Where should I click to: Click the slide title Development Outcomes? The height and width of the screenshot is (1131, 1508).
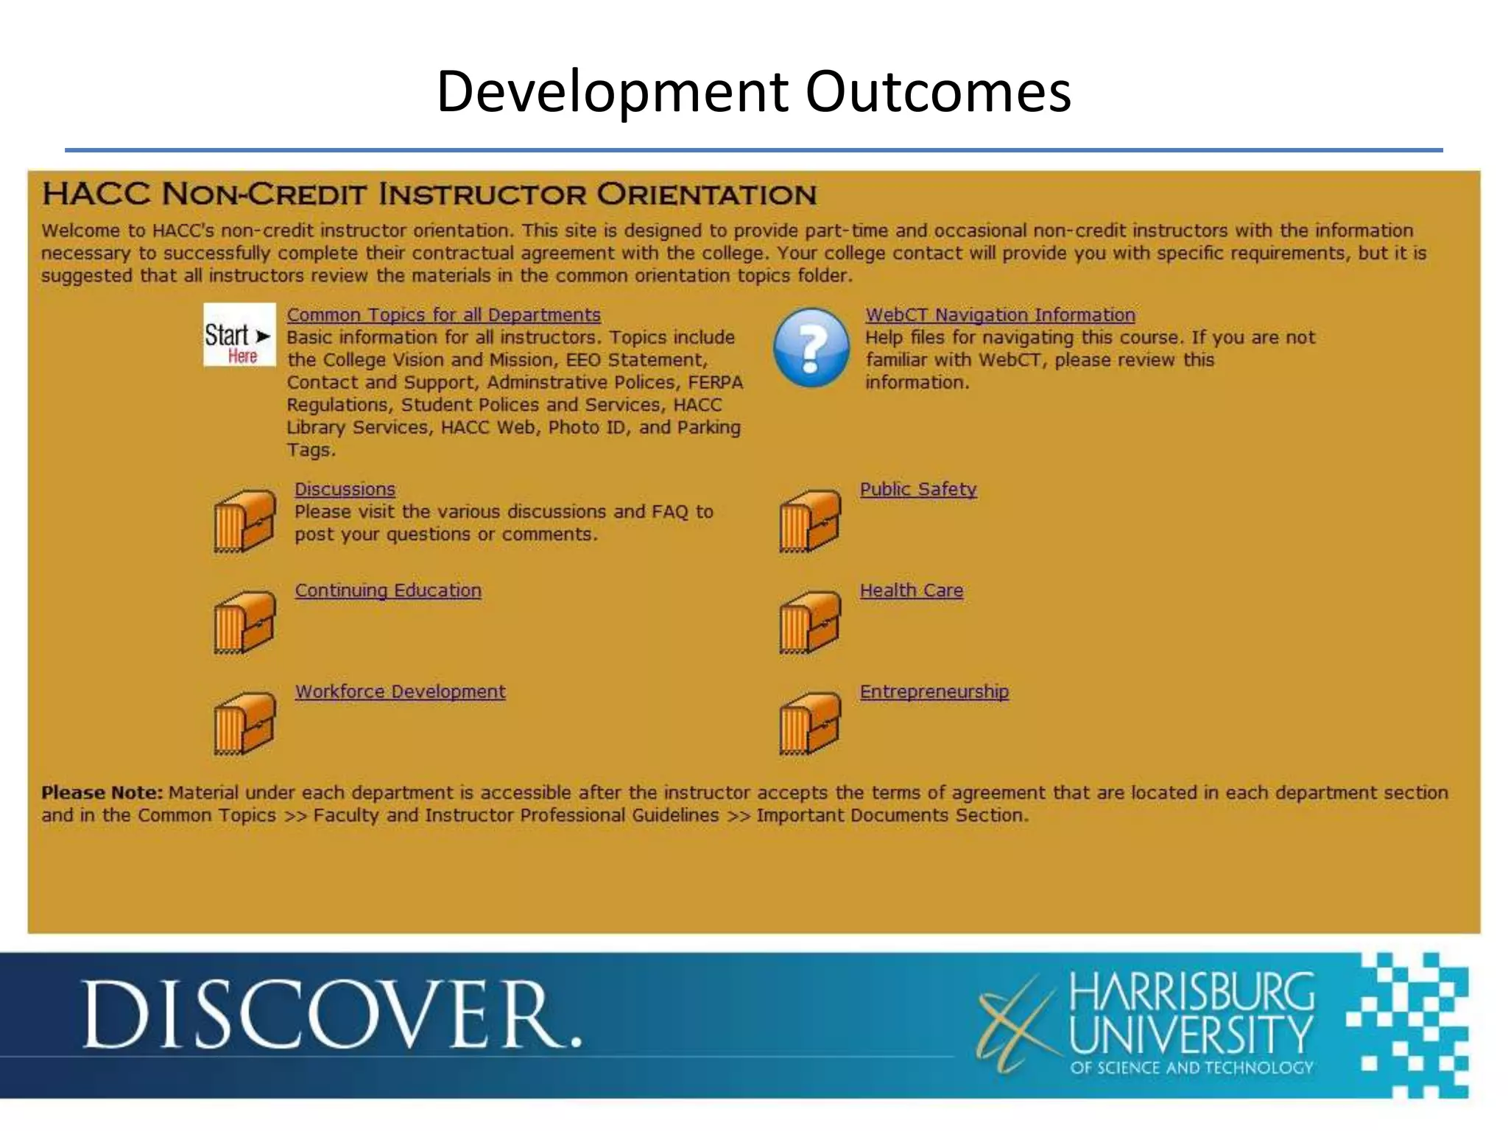(753, 91)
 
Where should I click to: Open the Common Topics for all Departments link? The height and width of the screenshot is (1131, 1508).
(443, 315)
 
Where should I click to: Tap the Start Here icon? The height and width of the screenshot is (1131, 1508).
(239, 335)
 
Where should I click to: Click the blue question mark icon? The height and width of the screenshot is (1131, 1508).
(811, 348)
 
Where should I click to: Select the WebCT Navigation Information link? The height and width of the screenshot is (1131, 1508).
(1000, 315)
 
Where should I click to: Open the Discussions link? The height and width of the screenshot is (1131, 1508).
(345, 490)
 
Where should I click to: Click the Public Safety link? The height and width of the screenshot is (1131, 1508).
(918, 490)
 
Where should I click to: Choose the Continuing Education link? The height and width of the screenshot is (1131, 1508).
(388, 591)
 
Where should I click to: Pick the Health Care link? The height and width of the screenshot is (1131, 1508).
(911, 591)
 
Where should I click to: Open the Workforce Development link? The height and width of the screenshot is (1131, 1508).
(400, 692)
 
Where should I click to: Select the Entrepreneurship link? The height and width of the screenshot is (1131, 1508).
(934, 692)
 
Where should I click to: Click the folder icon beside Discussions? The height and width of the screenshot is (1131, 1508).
(244, 521)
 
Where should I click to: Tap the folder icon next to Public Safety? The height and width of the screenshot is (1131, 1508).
(810, 521)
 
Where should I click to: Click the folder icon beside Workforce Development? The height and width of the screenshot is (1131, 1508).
(244, 723)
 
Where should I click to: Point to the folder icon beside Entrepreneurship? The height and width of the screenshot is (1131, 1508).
(810, 723)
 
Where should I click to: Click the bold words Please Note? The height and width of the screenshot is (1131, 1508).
(102, 793)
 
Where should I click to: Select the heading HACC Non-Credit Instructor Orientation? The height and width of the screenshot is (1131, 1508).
(429, 194)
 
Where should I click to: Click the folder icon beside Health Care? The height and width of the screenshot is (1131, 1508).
(810, 622)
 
